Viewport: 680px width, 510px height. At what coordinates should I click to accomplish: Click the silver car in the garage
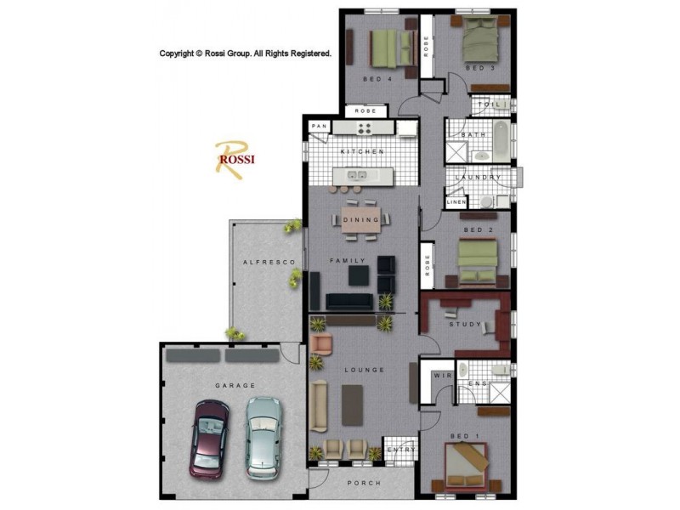263,436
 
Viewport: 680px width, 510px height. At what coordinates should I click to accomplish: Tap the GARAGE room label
235,385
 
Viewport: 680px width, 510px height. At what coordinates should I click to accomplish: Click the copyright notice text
246,54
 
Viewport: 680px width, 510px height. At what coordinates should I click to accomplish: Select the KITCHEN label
363,151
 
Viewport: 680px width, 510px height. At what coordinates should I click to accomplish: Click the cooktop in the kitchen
365,128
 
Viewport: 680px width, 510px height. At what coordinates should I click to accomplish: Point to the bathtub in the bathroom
501,142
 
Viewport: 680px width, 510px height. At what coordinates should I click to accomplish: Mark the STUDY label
466,324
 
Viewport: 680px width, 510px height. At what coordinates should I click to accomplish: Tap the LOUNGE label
365,370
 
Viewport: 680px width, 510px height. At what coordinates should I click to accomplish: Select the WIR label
442,375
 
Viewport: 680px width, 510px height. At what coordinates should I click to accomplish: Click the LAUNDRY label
473,177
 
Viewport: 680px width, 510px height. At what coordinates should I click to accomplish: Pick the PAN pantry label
320,127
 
